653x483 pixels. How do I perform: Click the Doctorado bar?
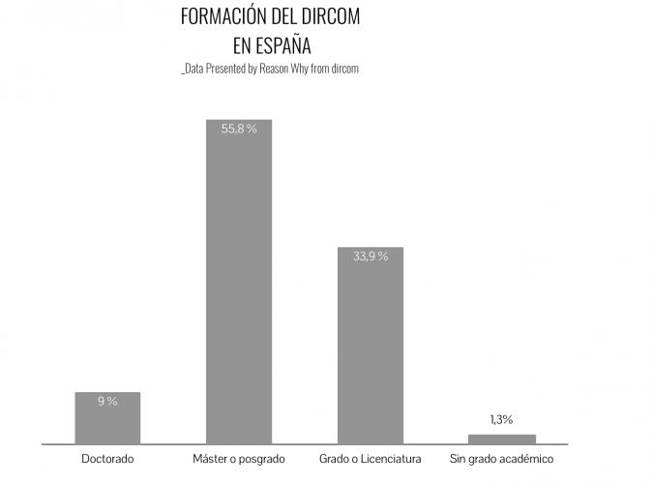107,417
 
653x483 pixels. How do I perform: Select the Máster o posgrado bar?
239,281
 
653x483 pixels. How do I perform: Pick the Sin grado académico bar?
501,439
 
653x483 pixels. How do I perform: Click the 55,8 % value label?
239,128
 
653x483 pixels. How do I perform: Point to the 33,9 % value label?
370,257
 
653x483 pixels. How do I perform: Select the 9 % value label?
107,401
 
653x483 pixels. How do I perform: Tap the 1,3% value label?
501,419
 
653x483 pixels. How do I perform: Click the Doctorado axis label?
107,459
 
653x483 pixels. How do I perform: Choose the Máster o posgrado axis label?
239,459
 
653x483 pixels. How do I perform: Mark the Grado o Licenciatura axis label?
370,459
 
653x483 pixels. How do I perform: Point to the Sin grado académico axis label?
501,459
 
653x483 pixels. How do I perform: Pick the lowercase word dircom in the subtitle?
344,70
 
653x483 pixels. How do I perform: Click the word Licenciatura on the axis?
392,459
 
